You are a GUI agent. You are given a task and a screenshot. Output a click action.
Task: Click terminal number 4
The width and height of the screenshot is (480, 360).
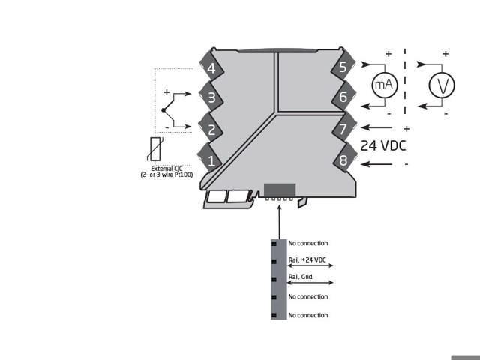coord(211,68)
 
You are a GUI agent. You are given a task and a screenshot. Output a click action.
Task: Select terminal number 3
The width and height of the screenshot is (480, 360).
coord(211,97)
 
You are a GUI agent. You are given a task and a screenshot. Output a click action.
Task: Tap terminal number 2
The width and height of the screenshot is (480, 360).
coord(211,130)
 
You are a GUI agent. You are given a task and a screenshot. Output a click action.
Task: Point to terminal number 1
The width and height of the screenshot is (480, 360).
coord(211,160)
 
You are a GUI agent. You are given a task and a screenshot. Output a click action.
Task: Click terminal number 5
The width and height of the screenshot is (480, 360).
coord(343,67)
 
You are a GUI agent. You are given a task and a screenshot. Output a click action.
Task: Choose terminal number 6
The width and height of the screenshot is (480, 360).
coord(343,97)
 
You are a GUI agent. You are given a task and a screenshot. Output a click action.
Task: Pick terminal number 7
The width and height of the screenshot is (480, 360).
coord(343,128)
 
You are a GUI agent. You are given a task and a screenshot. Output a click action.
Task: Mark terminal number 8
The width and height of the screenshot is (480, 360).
coord(343,160)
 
